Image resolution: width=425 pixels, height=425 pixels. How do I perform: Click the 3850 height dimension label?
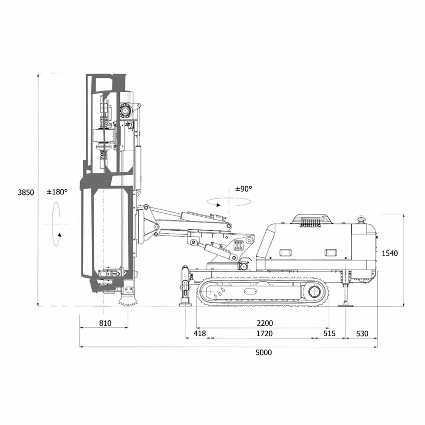tap(26, 193)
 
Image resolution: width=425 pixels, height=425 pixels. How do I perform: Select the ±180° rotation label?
tap(57, 192)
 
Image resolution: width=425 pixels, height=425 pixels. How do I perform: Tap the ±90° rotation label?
tap(244, 189)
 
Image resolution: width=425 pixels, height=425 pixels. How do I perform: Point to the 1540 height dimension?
tap(390, 253)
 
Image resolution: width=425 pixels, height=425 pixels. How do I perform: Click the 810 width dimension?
tap(105, 323)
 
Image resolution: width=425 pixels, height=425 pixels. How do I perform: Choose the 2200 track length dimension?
tap(265, 323)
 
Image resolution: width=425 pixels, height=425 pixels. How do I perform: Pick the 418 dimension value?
tap(200, 333)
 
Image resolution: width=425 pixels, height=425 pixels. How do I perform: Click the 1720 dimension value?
tap(264, 333)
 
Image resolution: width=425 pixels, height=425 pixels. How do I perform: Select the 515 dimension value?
tap(330, 333)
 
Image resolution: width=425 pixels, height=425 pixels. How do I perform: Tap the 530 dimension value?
tap(362, 333)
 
